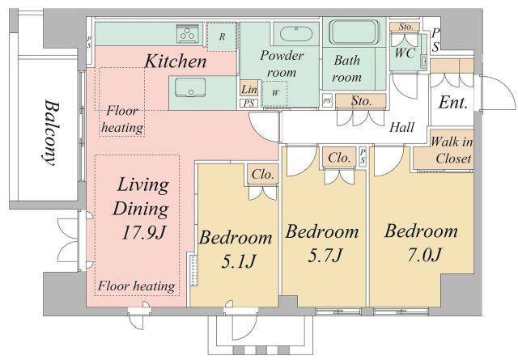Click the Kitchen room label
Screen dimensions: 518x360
tap(176, 61)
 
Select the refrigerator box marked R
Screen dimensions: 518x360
tap(222, 36)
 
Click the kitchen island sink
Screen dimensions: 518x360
tap(190, 87)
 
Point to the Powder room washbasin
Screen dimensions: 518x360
tap(296, 33)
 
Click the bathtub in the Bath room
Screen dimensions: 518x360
tap(355, 32)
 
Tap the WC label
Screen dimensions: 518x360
tap(405, 53)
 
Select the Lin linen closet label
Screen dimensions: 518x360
tap(248, 89)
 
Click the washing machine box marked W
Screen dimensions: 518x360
tap(274, 93)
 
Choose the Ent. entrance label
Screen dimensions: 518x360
tap(453, 103)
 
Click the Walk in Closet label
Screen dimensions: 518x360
tap(452, 150)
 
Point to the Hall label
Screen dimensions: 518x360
tap(401, 127)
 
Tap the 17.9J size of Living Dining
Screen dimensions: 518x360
tap(144, 232)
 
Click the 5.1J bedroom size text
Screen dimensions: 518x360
tap(239, 262)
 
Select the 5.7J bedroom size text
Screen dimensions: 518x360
tap(325, 256)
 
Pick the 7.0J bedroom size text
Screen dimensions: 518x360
tap(425, 255)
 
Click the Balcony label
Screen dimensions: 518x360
tap(51, 133)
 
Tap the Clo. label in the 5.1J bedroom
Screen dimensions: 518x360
tap(262, 174)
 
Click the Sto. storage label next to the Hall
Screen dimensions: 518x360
tap(362, 101)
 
